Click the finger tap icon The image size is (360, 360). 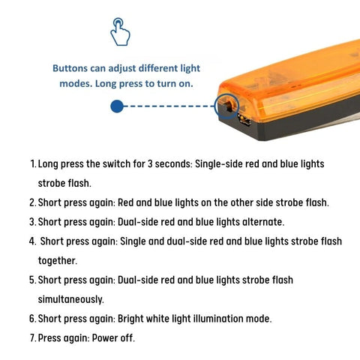(x=120, y=31)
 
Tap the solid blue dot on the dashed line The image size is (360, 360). (x=117, y=106)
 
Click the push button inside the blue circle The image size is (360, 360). (x=229, y=106)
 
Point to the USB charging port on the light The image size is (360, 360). (x=244, y=120)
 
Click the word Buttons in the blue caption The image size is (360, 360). (x=70, y=68)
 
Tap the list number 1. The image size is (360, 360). (x=33, y=164)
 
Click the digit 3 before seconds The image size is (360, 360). (x=150, y=164)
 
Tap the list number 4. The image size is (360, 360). (x=32, y=241)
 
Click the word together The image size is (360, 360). (x=58, y=261)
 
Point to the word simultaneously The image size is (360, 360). (x=70, y=299)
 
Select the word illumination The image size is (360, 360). (x=215, y=319)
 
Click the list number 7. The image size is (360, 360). (x=33, y=338)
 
